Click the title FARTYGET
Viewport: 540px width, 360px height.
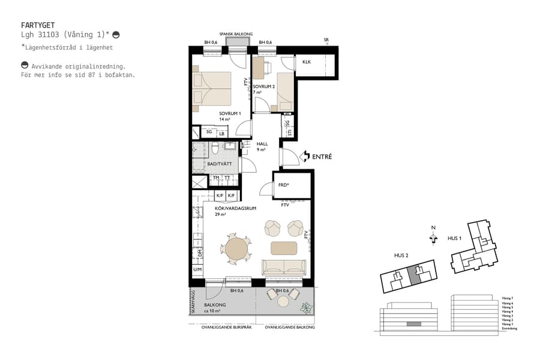tap(37, 26)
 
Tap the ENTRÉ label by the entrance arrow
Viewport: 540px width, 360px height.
tap(322, 157)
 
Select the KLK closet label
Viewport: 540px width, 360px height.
tap(307, 62)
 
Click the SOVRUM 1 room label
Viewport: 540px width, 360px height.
tap(229, 113)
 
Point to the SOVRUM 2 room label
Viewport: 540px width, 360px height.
tap(265, 86)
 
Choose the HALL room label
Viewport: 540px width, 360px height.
tap(262, 144)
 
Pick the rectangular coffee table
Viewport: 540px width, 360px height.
tap(284, 247)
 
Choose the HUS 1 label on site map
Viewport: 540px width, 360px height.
tap(455, 238)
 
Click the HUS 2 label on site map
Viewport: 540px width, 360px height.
tap(402, 256)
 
